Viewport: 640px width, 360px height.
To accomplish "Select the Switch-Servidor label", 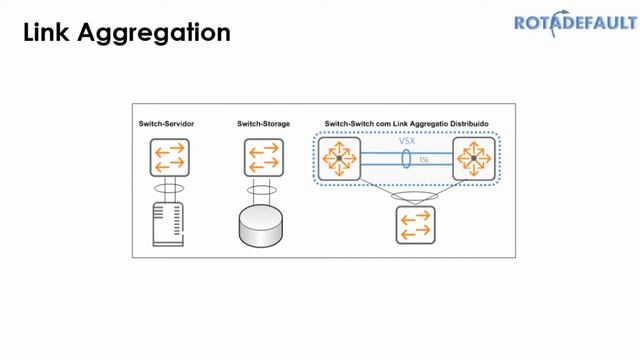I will click(166, 123).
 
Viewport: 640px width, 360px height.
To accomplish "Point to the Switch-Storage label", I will click(262, 123).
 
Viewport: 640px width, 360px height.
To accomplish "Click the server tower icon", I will click(166, 222).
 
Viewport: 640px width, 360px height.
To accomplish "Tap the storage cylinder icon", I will click(262, 227).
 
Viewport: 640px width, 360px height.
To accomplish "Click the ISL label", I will click(424, 158).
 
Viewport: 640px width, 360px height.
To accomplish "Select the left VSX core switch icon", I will click(339, 158).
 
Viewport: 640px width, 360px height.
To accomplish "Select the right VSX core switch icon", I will click(473, 158).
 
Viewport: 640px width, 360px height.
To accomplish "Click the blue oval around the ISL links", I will click(406, 158).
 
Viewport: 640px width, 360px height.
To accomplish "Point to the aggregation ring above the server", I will click(166, 187).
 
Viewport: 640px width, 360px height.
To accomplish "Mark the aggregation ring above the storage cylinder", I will click(262, 187).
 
